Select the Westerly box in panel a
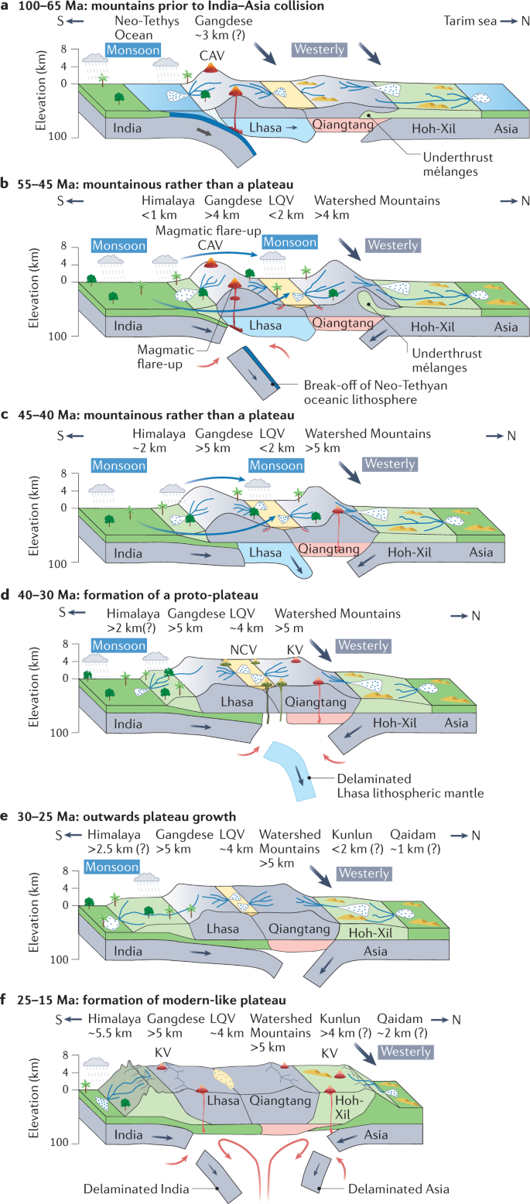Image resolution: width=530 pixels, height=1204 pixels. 319,50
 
